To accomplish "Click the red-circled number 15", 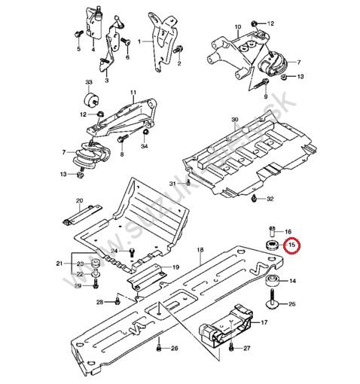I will (292, 245).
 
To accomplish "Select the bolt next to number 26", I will (160, 349).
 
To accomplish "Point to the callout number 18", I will (200, 249).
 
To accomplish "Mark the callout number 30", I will (234, 120).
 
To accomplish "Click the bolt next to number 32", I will (254, 199).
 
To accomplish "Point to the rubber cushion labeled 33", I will (89, 99).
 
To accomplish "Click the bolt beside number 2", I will (178, 50).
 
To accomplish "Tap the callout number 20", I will (78, 200).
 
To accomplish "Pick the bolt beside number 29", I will (96, 284).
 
